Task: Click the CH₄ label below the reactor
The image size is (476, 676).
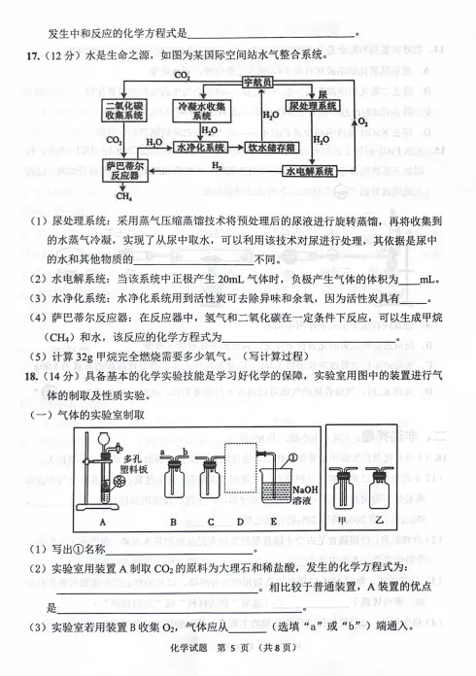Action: pyautogui.click(x=123, y=196)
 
